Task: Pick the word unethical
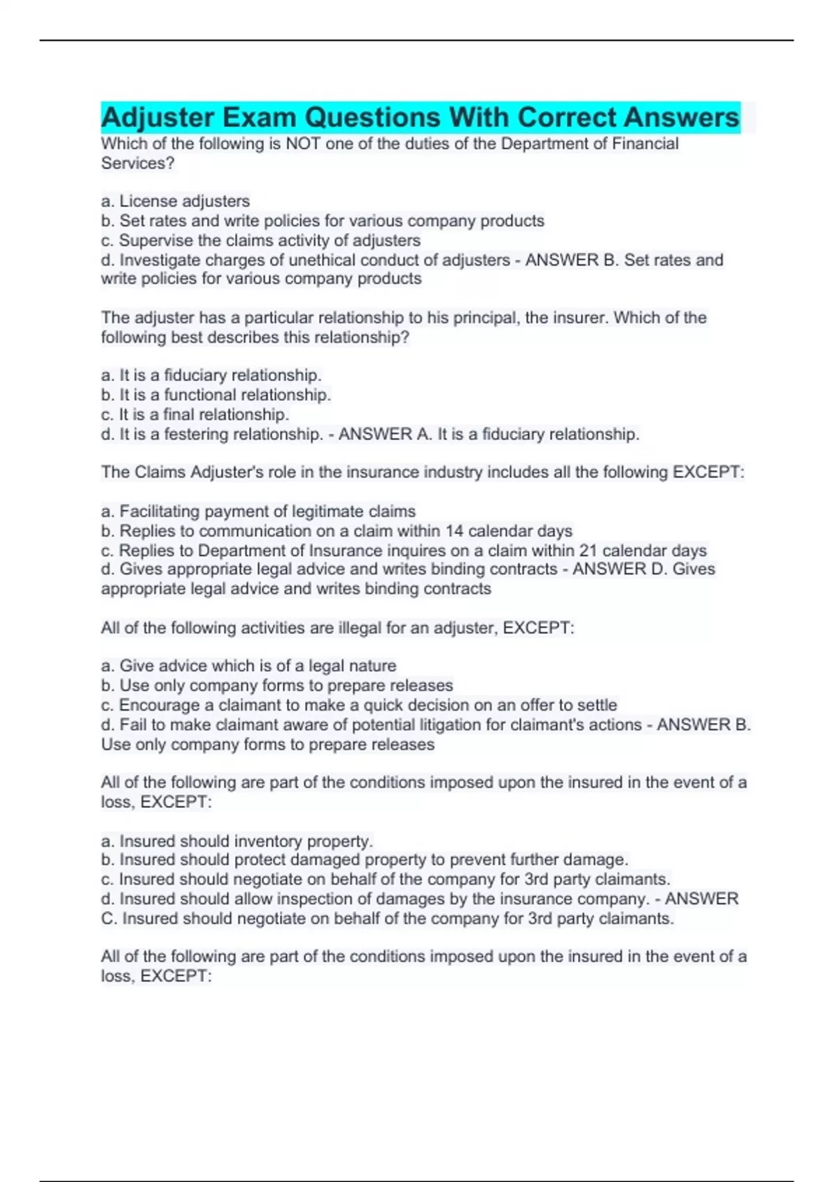332,260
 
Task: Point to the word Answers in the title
681,118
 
